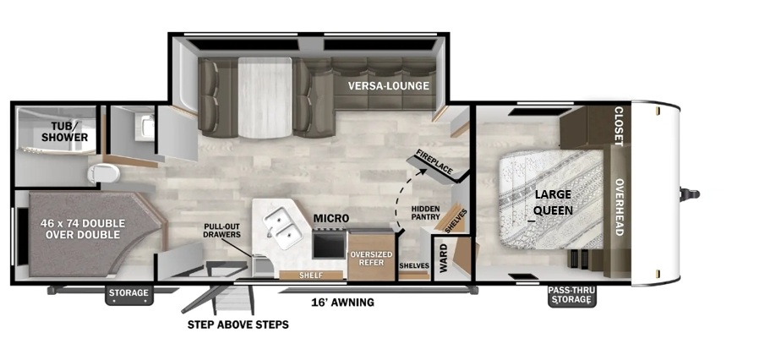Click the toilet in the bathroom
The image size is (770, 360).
[x=104, y=173]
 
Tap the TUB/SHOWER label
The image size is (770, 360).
[x=64, y=132]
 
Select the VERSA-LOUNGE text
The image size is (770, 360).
[x=389, y=86]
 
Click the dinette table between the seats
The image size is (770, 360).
[x=265, y=96]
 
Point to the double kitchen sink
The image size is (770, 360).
[x=281, y=227]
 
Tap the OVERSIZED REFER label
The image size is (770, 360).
[x=371, y=259]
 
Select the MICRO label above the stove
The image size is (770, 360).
[x=331, y=218]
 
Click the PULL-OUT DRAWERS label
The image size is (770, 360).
[x=222, y=231]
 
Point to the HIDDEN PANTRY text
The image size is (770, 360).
[x=425, y=213]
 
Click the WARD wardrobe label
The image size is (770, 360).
[x=444, y=259]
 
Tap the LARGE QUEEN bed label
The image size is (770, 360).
[x=553, y=202]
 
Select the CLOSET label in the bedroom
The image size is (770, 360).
[x=619, y=126]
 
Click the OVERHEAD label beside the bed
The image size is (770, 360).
[x=619, y=207]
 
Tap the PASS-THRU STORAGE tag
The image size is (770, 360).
[x=571, y=295]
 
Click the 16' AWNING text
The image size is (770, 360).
[x=343, y=302]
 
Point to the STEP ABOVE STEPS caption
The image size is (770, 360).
[x=238, y=325]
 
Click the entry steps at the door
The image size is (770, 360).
[x=233, y=298]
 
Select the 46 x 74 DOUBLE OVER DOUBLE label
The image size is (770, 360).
[x=83, y=229]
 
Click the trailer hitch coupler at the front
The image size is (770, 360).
[x=690, y=194]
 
